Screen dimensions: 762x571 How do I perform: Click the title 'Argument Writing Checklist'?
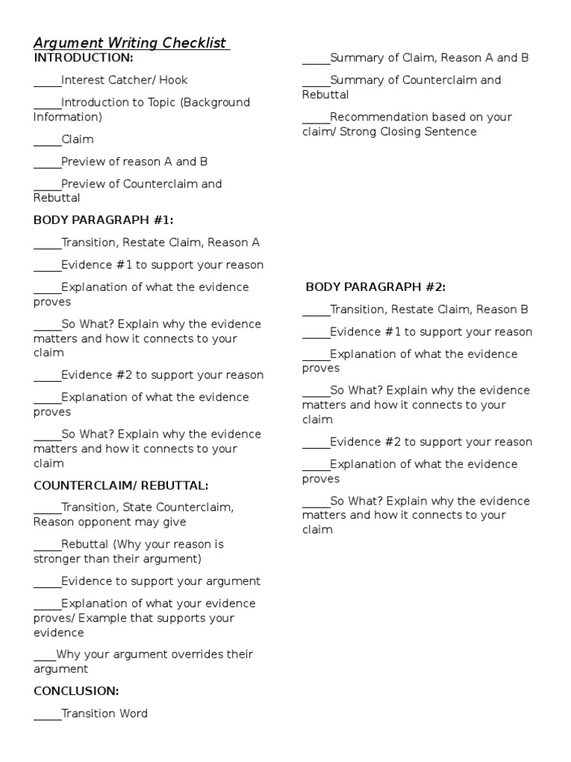(x=130, y=43)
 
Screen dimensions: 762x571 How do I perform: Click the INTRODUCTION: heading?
(x=83, y=58)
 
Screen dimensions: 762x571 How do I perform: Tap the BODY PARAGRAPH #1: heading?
(x=103, y=220)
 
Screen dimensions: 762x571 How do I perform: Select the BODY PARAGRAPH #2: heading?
(x=375, y=287)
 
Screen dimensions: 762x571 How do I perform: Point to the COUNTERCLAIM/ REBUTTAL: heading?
(x=121, y=486)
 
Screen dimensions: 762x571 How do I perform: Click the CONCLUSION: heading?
(x=76, y=691)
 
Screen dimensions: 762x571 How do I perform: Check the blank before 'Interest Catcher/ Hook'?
(x=47, y=83)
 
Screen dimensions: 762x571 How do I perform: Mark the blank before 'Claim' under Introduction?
(x=47, y=142)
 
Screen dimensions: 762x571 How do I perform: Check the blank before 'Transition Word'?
(x=47, y=717)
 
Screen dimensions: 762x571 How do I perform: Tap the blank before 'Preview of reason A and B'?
(x=47, y=164)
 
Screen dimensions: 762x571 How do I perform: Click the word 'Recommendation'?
(x=377, y=118)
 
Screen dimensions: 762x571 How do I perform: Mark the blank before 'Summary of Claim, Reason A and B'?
(x=315, y=60)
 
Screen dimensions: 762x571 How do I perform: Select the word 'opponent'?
(x=102, y=522)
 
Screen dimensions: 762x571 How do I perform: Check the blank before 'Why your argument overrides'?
(x=44, y=658)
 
